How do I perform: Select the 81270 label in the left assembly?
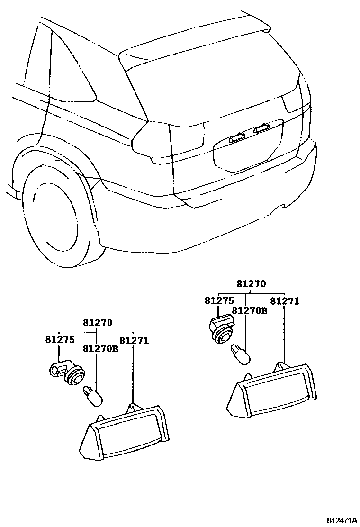point(98,323)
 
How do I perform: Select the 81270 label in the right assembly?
point(251,284)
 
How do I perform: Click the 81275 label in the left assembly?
point(60,340)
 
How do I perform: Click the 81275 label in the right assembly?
point(219,301)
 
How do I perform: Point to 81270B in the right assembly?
point(250,310)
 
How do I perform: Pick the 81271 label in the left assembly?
point(134,340)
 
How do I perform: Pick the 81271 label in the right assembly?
point(285,301)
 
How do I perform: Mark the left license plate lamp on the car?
point(235,137)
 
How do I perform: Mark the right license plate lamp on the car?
point(261,128)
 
